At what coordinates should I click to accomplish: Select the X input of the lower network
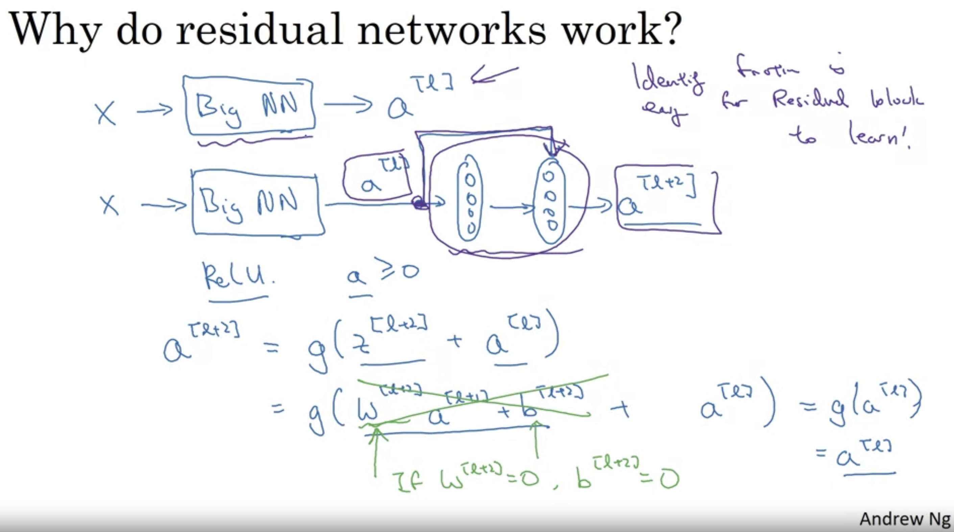click(110, 205)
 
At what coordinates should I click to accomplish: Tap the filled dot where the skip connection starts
click(419, 203)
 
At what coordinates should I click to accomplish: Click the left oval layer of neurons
click(470, 202)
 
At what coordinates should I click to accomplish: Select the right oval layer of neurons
click(550, 202)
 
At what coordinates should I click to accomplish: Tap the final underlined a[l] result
click(863, 457)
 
